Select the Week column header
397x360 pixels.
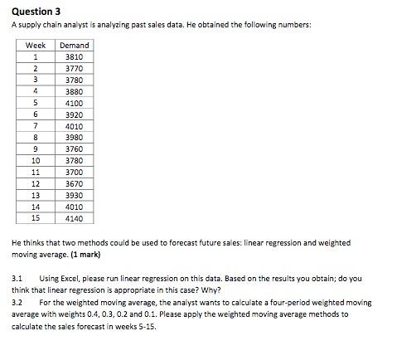click(36, 45)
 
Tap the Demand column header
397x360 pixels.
click(74, 45)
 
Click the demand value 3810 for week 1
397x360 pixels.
click(74, 56)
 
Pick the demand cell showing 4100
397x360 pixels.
click(74, 103)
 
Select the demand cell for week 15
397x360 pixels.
click(74, 218)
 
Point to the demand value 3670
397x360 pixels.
click(74, 183)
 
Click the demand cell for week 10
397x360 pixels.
click(74, 160)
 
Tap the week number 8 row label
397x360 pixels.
click(36, 137)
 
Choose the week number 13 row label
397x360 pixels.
click(36, 195)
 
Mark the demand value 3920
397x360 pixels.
click(74, 114)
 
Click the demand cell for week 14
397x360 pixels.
click(74, 207)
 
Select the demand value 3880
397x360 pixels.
click(74, 91)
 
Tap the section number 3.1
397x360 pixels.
click(17, 280)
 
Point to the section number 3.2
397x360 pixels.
click(17, 303)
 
